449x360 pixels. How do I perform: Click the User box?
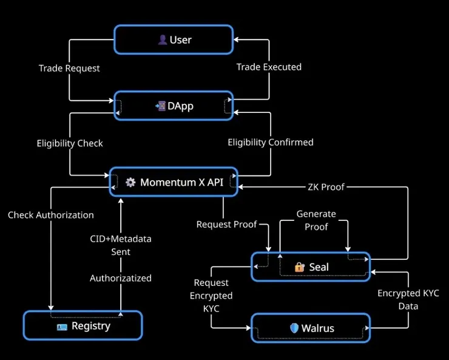tap(174, 39)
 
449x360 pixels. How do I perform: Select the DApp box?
tap(174, 106)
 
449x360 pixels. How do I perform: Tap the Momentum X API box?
tap(174, 182)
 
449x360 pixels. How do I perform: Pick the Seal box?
tap(311, 267)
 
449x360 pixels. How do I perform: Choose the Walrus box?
tap(311, 328)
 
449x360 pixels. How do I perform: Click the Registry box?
tap(83, 326)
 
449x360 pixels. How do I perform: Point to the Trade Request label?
tap(69, 68)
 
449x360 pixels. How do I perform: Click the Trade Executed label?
tap(269, 67)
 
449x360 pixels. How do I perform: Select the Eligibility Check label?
tap(70, 143)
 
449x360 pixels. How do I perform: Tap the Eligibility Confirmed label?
tap(271, 142)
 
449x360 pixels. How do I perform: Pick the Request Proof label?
tap(227, 225)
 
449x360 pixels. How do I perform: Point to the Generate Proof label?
tap(316, 220)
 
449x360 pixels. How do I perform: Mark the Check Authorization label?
tap(51, 215)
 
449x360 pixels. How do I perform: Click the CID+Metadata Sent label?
tap(120, 245)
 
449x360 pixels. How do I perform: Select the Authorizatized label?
tap(121, 278)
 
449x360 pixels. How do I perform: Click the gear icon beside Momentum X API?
tap(130, 182)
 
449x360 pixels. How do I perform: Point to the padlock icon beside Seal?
tap(299, 267)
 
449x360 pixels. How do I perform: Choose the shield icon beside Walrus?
tap(294, 328)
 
